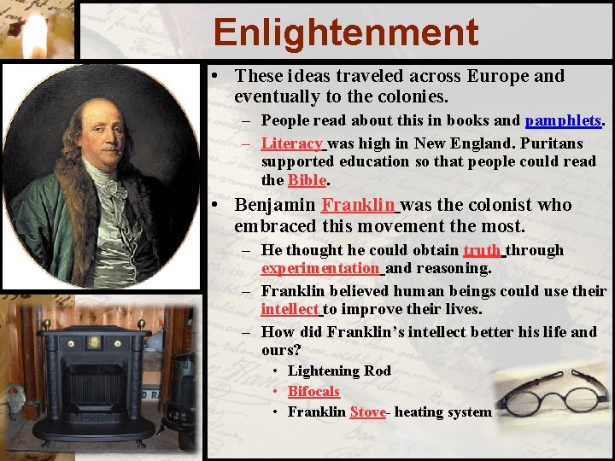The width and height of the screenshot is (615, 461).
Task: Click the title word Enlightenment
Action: click(x=346, y=32)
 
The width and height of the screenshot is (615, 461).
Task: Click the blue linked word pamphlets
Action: click(x=563, y=120)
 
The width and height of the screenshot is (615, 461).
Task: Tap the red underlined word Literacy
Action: click(x=291, y=143)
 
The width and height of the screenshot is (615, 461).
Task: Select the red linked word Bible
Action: click(x=307, y=179)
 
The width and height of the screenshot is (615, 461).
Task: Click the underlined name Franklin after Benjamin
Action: click(x=358, y=205)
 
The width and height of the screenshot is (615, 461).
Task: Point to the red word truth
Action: click(x=482, y=249)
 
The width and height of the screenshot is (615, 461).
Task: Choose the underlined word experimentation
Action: click(x=320, y=268)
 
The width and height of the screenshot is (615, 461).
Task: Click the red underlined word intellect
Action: click(x=290, y=309)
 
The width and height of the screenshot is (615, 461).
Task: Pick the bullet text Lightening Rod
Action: click(x=339, y=371)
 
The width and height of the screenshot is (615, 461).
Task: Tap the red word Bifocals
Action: click(x=313, y=391)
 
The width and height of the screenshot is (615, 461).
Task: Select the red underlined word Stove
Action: click(x=367, y=411)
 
